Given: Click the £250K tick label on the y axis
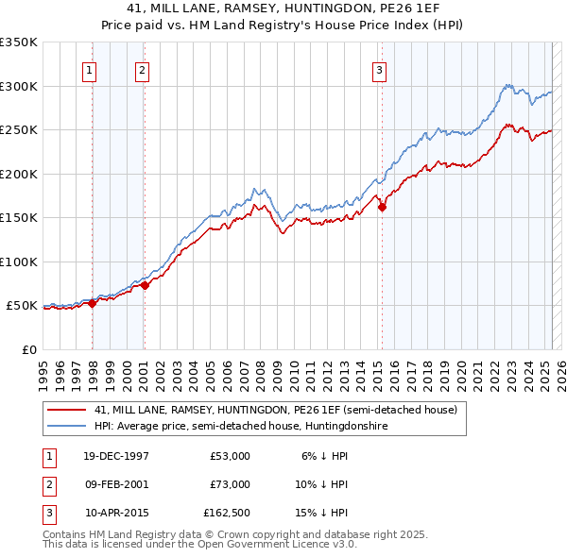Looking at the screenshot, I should (x=19, y=129).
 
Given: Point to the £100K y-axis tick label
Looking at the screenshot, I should (x=19, y=262).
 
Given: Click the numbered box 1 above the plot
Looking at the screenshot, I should (x=89, y=69).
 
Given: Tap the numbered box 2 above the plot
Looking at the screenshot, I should (x=142, y=69).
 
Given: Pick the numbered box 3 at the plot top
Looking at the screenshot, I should (x=379, y=69).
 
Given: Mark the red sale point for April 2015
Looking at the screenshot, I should (x=382, y=208).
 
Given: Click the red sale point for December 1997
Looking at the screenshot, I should (x=93, y=303).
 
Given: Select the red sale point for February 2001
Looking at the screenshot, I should (x=145, y=286).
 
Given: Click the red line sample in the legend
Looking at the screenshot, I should (x=67, y=410).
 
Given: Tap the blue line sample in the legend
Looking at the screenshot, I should (x=67, y=426).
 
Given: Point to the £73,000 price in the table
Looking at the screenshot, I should (x=230, y=484).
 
